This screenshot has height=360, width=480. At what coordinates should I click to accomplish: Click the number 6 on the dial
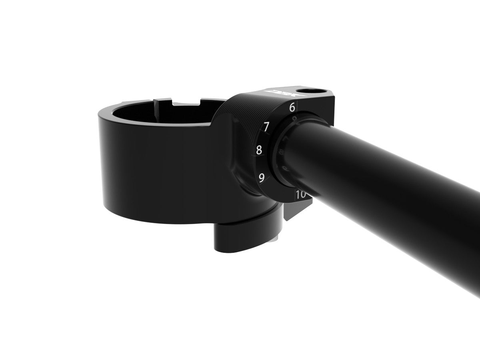point(292,107)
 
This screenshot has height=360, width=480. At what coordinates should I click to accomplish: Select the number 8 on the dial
point(259,150)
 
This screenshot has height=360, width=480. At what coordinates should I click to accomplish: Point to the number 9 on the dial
point(262,178)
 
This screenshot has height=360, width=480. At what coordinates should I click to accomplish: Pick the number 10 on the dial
point(301,195)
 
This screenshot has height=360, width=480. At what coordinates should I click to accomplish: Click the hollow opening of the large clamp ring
point(160,114)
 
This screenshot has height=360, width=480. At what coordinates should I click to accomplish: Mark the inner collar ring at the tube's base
point(280,154)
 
